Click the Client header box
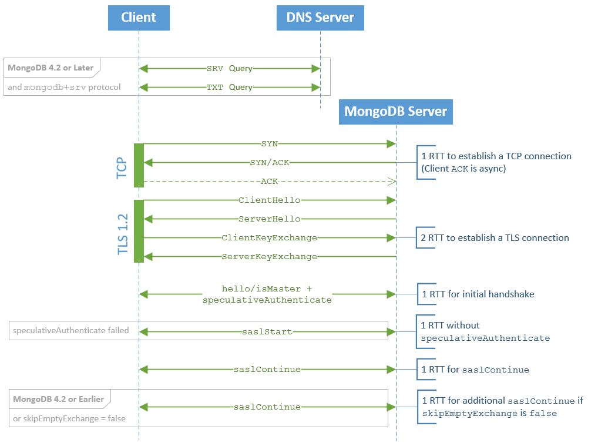[139, 18]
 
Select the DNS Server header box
[320, 18]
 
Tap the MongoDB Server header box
[395, 112]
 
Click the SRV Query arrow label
[229, 69]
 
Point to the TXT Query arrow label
[229, 88]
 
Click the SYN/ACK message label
[269, 163]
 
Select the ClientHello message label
[269, 200]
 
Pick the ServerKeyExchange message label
[269, 257]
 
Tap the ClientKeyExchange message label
[269, 238]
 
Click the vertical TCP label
[123, 167]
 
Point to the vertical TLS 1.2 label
[123, 234]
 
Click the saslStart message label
[267, 332]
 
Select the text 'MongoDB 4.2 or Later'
[51, 68]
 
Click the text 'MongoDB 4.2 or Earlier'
[58, 399]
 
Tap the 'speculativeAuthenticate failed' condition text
[70, 330]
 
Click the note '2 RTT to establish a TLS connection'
[495, 238]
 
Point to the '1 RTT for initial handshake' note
[478, 294]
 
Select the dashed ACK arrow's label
[269, 182]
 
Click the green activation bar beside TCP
[139, 165]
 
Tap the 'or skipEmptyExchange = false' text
[69, 419]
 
